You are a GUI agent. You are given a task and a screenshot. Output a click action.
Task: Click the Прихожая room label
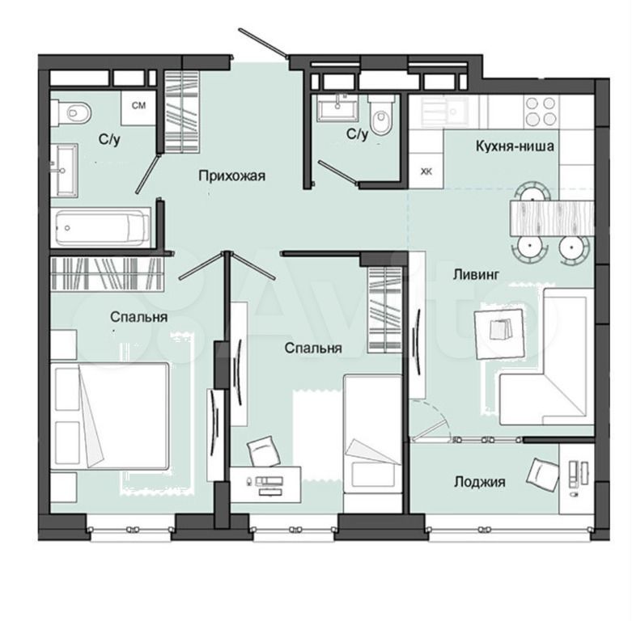[x=231, y=176]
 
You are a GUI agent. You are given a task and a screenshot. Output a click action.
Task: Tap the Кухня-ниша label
[x=515, y=146]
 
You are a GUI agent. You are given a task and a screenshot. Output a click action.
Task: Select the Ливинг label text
[x=476, y=275]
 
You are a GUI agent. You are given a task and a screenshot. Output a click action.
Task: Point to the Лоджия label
[x=480, y=482]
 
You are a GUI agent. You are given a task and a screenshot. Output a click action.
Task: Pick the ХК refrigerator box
[x=426, y=171]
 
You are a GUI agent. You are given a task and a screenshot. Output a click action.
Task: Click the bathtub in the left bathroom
[x=103, y=227]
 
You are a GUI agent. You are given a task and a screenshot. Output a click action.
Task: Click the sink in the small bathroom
[x=337, y=108]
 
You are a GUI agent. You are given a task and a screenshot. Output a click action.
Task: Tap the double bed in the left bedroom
[x=109, y=416]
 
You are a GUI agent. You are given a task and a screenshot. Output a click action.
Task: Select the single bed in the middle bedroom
[x=372, y=443]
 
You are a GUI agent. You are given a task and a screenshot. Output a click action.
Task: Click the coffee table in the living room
[x=500, y=333]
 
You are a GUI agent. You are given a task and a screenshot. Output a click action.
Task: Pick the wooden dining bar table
[x=551, y=218]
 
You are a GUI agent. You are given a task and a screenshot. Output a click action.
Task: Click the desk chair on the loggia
[x=543, y=473]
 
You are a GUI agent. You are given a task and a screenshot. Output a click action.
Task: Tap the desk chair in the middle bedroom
[x=264, y=452]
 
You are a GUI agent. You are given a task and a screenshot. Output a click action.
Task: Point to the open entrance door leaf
[x=262, y=42]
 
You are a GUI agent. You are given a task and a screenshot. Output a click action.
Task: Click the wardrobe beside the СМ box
[x=182, y=112]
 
